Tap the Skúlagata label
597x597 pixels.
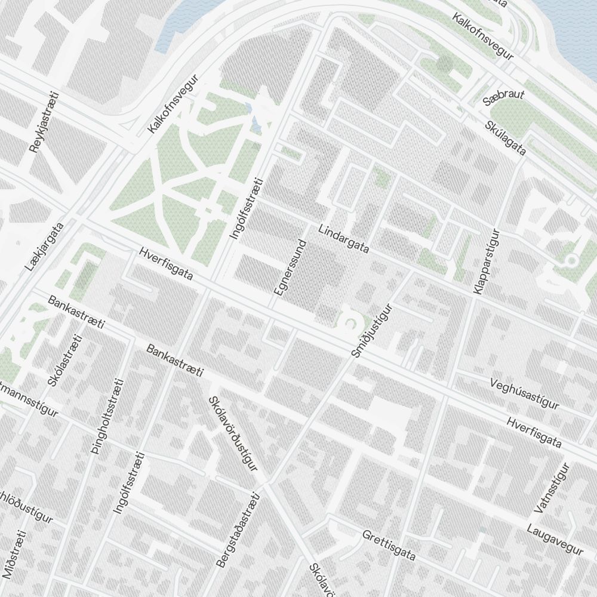tap(506, 138)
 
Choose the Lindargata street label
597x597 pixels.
tap(344, 239)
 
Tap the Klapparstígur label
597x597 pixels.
tap(485, 261)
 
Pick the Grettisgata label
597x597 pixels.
tap(389, 546)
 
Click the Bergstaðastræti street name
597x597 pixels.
tap(238, 530)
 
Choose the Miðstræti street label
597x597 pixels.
tap(16, 555)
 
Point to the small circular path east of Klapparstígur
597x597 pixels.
tap(571, 260)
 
